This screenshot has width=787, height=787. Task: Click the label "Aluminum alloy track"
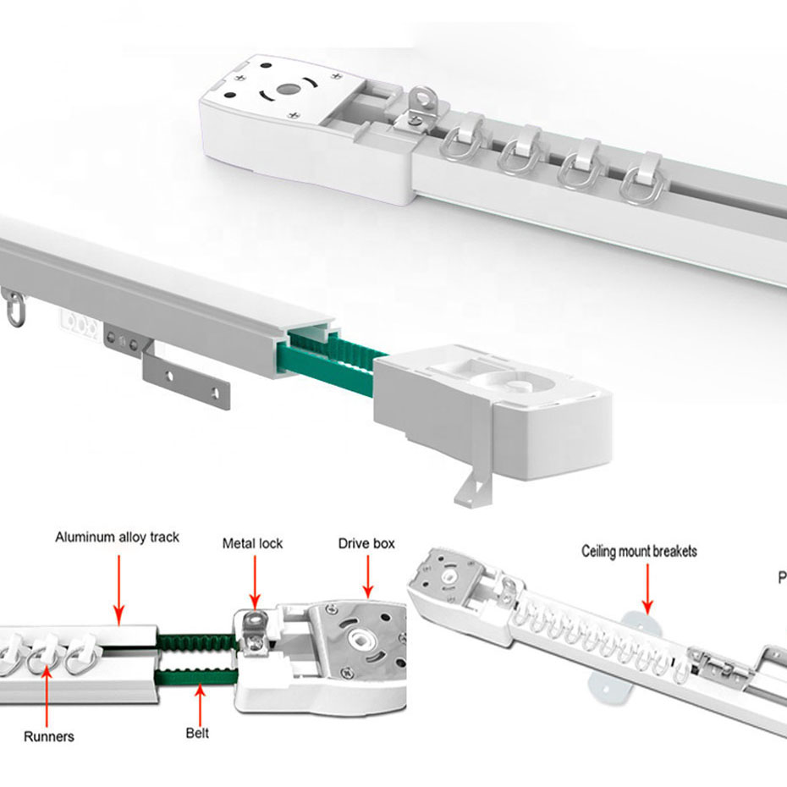pyautogui.click(x=118, y=537)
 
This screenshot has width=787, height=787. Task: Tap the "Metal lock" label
pyautogui.click(x=252, y=542)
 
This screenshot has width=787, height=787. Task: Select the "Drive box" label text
pyautogui.click(x=366, y=542)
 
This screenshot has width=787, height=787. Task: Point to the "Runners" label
pyautogui.click(x=48, y=736)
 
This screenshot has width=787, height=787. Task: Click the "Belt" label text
pyautogui.click(x=197, y=733)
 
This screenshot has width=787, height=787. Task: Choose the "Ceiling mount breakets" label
pyautogui.click(x=640, y=551)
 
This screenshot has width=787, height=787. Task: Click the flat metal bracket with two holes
pyautogui.click(x=186, y=377)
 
